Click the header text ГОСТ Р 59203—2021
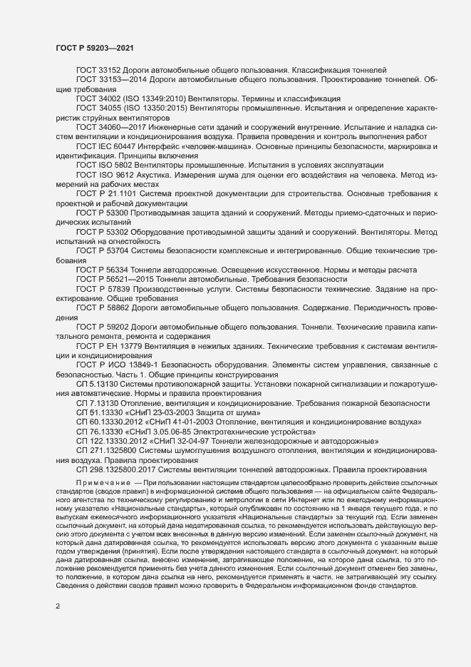93,47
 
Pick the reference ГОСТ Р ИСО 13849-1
113,364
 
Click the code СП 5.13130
98,383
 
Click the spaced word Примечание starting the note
103,483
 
